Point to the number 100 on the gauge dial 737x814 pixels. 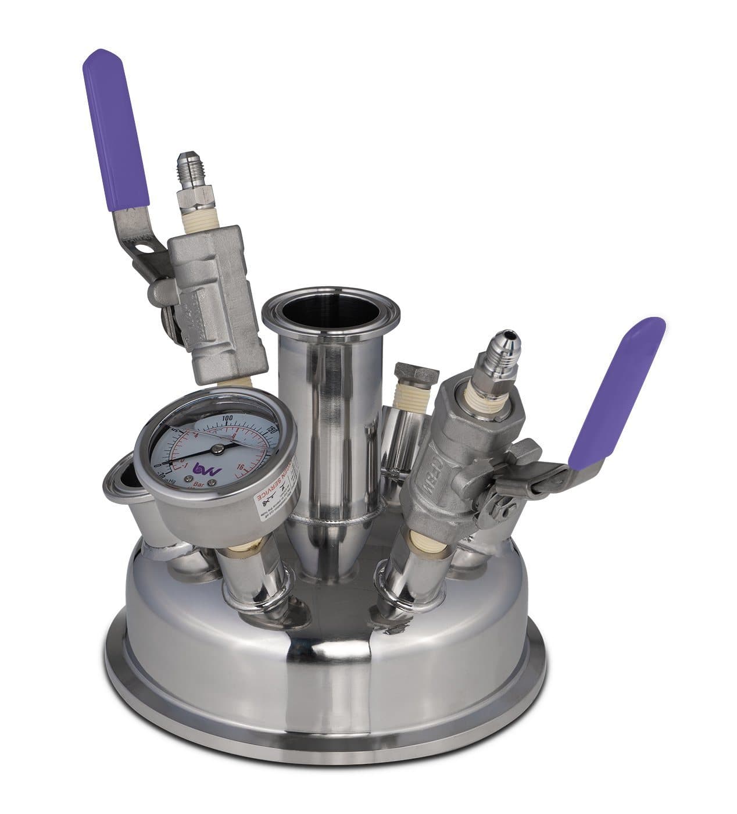(228, 419)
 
